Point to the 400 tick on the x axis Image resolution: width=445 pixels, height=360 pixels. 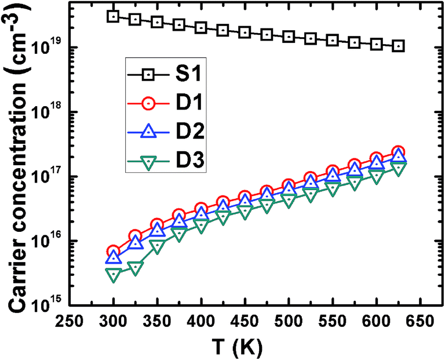coord(200,321)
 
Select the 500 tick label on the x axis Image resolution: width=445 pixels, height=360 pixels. coord(288,321)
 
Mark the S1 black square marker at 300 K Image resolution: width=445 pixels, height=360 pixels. coord(114,16)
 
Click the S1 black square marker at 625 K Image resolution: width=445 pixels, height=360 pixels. coord(397,46)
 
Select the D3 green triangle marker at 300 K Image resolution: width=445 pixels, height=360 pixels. coord(114,275)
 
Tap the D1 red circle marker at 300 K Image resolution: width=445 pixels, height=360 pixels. coord(114,252)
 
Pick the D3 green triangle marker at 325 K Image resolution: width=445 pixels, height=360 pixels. coord(136,268)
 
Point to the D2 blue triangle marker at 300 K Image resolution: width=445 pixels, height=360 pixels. coord(114,257)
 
